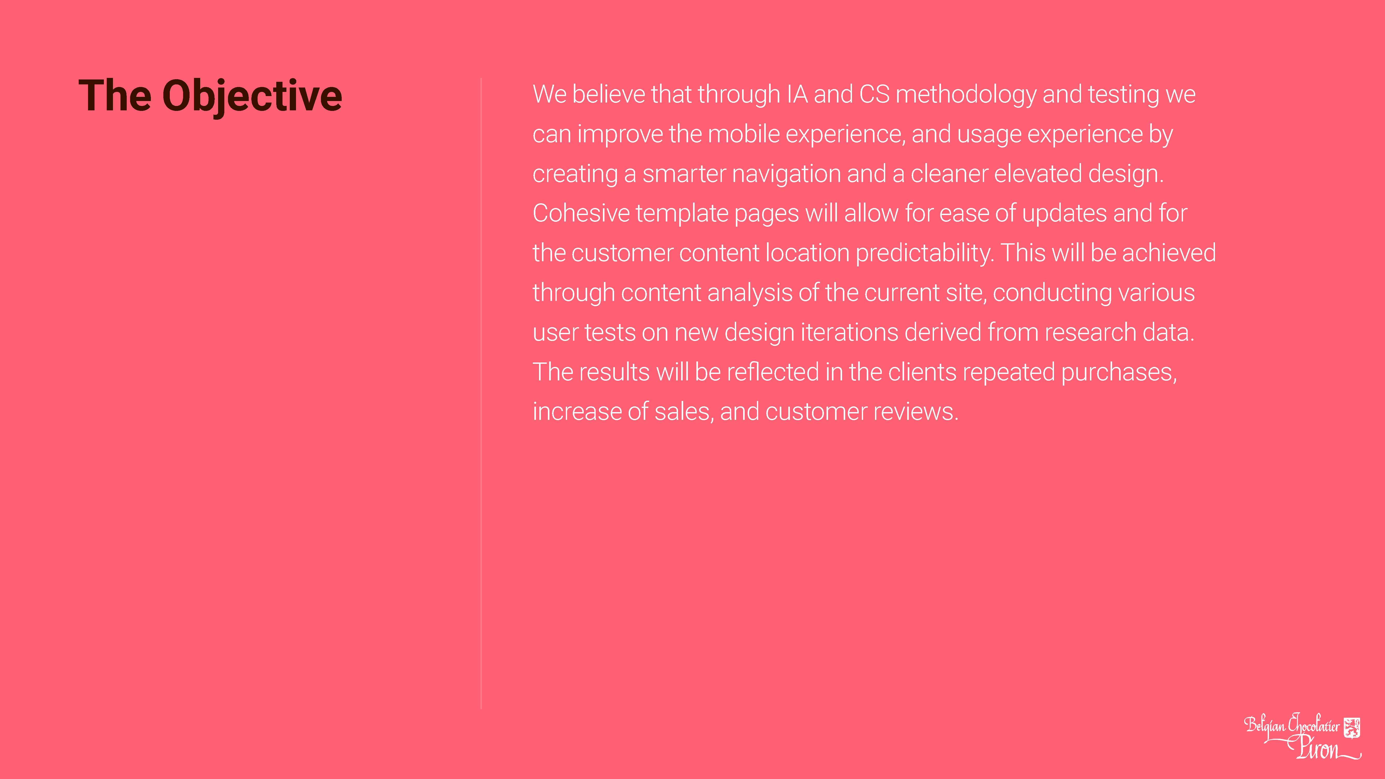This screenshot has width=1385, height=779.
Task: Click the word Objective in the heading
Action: [252, 97]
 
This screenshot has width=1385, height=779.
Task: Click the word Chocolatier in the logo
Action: [1314, 725]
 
